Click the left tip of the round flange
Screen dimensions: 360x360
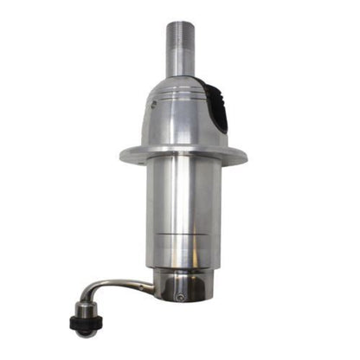[122, 156]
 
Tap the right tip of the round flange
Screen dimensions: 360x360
[246, 156]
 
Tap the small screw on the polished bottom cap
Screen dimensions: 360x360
[179, 297]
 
